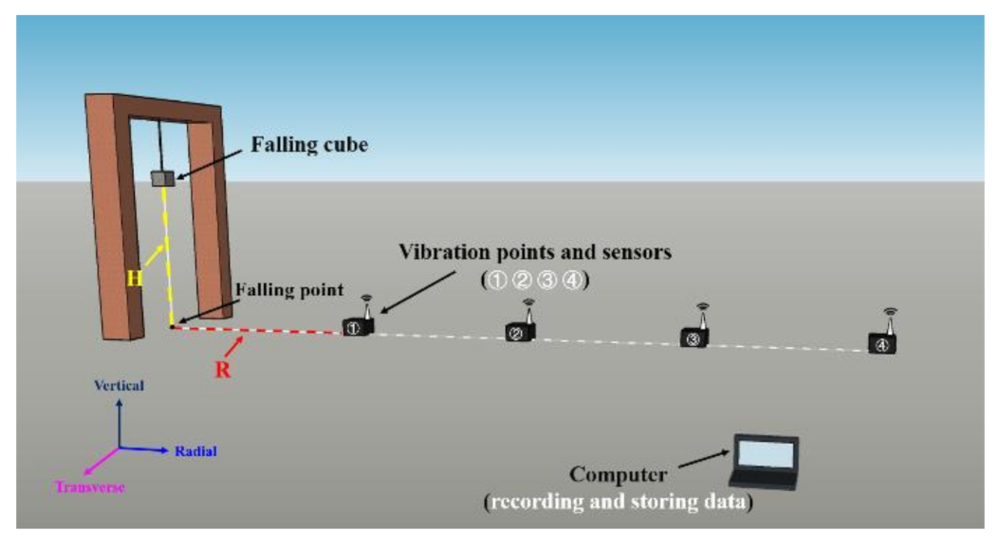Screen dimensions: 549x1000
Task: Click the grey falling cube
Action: click(164, 177)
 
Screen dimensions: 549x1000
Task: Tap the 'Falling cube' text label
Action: click(308, 145)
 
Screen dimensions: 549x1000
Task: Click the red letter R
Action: click(223, 370)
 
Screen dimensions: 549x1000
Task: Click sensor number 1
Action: click(357, 327)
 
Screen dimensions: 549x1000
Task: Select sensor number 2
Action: click(520, 332)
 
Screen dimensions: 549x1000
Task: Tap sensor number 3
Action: click(695, 337)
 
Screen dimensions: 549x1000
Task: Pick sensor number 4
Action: click(882, 343)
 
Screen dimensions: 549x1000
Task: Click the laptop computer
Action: click(764, 462)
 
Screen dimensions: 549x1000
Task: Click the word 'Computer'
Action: click(619, 474)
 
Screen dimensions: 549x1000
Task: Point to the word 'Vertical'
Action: click(120, 386)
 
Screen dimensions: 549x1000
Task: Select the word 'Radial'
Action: click(195, 451)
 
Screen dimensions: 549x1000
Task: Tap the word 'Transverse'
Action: click(90, 487)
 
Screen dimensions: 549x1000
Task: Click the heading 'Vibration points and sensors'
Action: click(535, 253)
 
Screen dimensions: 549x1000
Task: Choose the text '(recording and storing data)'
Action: click(619, 502)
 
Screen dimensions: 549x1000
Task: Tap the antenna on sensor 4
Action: click(889, 320)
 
